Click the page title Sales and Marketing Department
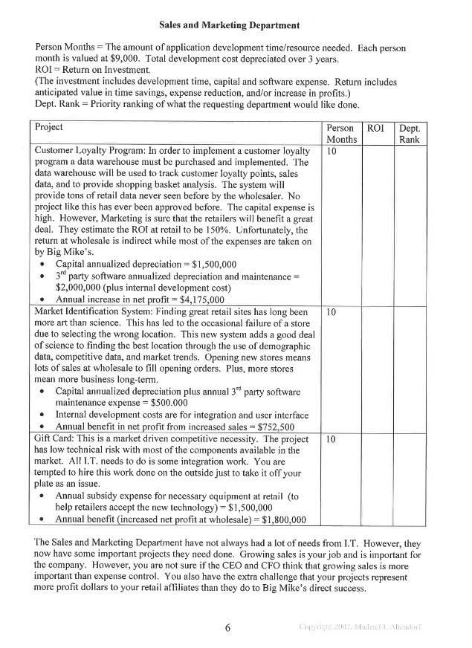point(236,27)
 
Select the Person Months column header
point(340,134)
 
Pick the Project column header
point(50,128)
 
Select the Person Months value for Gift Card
point(332,440)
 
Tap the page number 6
point(228,627)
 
